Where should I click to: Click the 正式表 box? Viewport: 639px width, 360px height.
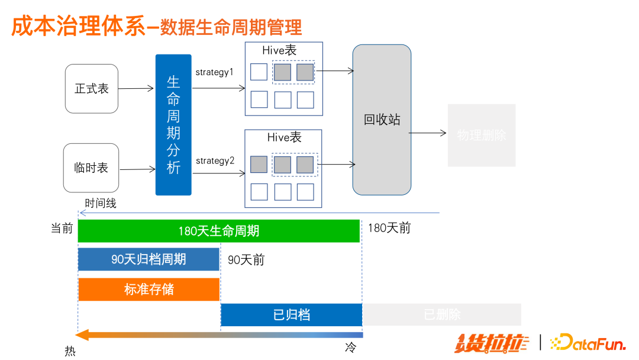(92, 89)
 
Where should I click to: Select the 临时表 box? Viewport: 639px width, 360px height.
(91, 168)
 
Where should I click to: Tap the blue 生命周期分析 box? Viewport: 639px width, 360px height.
(173, 125)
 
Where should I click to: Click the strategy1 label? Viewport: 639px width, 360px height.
(215, 72)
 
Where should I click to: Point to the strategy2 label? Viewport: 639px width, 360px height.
(215, 160)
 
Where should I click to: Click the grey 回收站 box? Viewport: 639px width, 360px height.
(382, 120)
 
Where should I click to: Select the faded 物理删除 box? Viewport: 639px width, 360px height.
(482, 135)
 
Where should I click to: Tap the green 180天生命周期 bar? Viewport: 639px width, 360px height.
(219, 231)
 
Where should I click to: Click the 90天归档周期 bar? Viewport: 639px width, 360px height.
(149, 259)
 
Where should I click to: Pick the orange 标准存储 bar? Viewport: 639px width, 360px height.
(149, 290)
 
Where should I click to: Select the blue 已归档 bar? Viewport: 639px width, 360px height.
(291, 314)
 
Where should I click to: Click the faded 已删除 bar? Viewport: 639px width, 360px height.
(442, 314)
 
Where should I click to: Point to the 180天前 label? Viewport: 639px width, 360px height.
(389, 228)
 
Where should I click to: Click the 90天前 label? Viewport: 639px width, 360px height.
(246, 260)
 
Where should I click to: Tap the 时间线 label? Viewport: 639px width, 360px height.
(101, 203)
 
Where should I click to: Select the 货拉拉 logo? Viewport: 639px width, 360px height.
(492, 343)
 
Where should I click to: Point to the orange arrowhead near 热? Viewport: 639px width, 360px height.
(83, 335)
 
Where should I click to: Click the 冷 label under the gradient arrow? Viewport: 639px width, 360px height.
(351, 348)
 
